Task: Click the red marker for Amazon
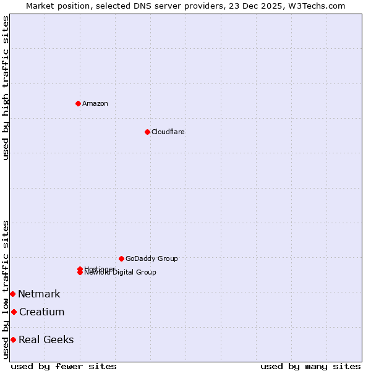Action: coord(78,103)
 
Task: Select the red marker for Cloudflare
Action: coord(147,132)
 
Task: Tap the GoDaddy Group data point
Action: coord(121,258)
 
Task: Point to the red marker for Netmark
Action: coord(12,294)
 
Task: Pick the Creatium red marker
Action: coord(14,312)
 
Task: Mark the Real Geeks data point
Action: coord(13,339)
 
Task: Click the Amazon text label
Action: coord(95,103)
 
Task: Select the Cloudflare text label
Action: coord(168,132)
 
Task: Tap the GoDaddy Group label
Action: coord(151,258)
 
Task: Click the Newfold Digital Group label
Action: coord(121,273)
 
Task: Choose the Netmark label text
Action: coord(39,294)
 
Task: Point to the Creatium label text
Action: coord(41,312)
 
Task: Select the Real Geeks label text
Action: coord(46,339)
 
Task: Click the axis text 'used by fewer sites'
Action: coord(64,366)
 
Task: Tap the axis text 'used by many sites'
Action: coord(310,366)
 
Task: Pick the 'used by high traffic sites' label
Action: coord(6,88)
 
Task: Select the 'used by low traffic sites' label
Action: coord(6,289)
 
